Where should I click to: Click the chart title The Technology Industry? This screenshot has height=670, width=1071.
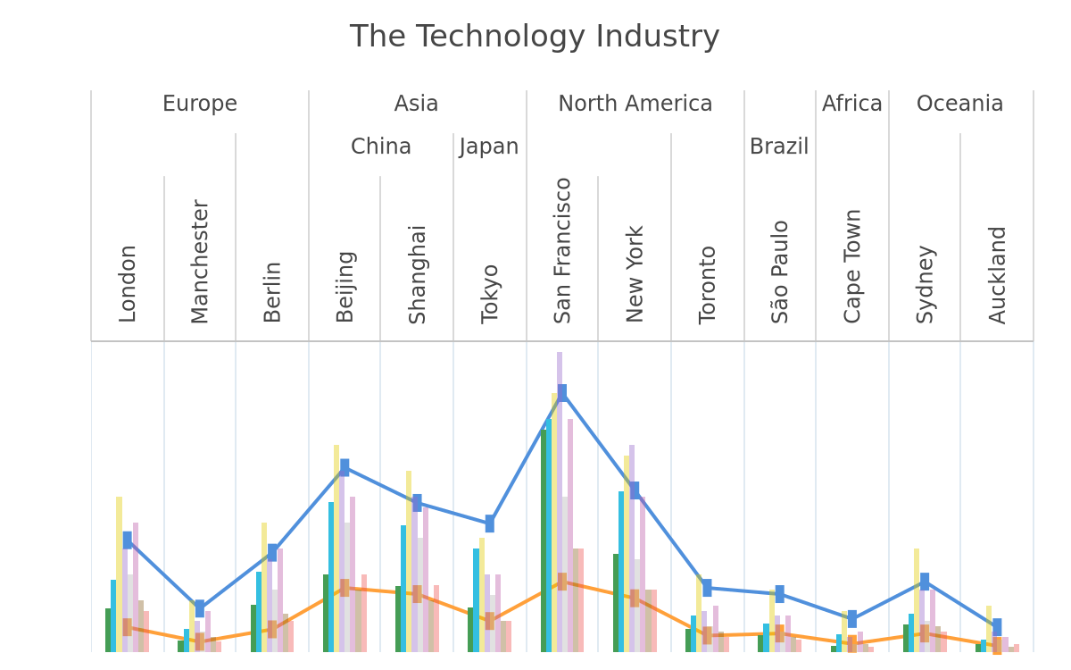pos(535,37)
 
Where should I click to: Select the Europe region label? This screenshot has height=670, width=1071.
pos(200,104)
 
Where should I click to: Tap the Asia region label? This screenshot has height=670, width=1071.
pos(416,104)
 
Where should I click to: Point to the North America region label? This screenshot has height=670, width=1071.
pos(635,104)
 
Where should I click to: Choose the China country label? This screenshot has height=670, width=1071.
pos(380,147)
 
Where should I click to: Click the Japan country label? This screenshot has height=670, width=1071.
pos(489,147)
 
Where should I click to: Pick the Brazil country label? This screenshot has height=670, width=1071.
pos(779,147)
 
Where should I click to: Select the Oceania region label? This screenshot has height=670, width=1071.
pos(959,104)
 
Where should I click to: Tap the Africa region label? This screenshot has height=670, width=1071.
pos(852,104)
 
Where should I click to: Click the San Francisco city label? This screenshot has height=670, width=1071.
pos(562,251)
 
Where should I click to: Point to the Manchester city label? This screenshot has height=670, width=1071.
pos(200,262)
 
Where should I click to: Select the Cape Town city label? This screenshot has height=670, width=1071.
pos(852,266)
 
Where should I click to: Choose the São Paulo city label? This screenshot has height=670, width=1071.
pos(779,272)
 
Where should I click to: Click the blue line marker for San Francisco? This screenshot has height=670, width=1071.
pos(562,393)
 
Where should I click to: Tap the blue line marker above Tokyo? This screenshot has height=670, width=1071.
pos(490,523)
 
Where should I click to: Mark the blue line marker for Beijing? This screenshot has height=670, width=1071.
pos(345,467)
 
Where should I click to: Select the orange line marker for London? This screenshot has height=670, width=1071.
pos(127,627)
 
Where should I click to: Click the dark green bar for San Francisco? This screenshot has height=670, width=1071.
pos(544,540)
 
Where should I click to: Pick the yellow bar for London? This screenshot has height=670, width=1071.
pos(119,574)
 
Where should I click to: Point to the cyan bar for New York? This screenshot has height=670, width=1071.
pos(621,572)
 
